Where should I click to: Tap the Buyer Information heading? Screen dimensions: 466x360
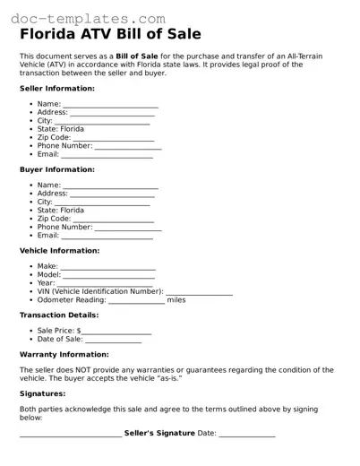pos(56,169)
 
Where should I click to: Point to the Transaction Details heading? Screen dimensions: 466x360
pos(59,315)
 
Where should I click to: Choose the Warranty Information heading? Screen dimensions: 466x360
pos(64,354)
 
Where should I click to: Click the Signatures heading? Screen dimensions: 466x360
pos(42,393)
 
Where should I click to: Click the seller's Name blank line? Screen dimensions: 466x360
pos(110,106)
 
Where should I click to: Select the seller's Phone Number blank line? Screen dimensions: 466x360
pos(128,147)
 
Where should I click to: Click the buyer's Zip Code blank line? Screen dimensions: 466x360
pos(113,220)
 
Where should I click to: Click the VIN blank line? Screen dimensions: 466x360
pos(199,293)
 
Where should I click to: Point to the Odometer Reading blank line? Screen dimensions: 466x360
pos(136,301)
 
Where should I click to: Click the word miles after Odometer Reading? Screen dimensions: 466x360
pos(176,300)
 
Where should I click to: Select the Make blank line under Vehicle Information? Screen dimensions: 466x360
pos(107,268)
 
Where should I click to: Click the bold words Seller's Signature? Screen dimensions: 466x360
pos(159,434)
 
